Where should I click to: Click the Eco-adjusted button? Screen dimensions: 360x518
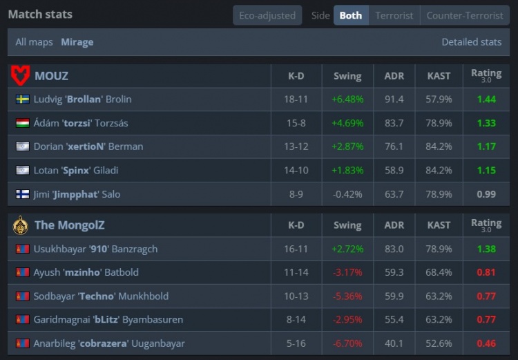pos(267,15)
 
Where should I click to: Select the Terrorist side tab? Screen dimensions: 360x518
pos(394,15)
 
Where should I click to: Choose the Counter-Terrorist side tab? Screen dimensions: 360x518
pos(465,15)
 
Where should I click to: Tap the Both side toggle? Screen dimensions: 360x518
pos(350,15)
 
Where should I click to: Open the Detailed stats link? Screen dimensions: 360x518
pos(471,42)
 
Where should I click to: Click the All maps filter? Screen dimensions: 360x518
pos(34,42)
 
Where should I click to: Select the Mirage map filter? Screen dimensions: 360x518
pos(77,42)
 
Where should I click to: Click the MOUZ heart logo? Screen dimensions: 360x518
pos(21,75)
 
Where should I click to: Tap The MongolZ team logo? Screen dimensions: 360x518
pos(21,225)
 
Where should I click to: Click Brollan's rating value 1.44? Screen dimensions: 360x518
pos(486,100)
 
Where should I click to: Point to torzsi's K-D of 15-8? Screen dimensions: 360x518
pos(296,123)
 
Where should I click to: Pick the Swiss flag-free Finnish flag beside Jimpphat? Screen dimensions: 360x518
pos(22,194)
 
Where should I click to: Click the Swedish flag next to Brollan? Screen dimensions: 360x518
pos(22,100)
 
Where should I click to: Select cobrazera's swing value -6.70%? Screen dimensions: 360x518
pos(347,343)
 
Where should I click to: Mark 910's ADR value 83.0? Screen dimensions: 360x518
pos(394,249)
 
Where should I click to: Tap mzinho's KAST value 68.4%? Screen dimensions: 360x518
pos(439,272)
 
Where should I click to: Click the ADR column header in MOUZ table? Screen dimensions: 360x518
pos(394,75)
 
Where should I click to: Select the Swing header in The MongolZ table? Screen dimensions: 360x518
pos(347,225)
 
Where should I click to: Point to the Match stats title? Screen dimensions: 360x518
pos(40,14)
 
